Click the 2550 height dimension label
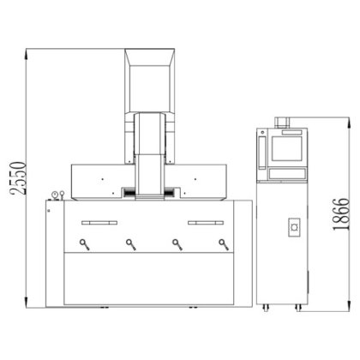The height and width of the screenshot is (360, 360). [18, 178]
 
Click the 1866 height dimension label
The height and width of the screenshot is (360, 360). [341, 214]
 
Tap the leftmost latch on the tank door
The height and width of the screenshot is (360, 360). [85, 244]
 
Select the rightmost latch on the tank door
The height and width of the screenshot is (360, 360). [224, 244]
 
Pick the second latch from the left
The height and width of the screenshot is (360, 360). [131, 244]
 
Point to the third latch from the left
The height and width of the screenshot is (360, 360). [177, 244]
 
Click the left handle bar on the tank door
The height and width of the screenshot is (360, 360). [99, 223]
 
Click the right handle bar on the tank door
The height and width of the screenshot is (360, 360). [206, 223]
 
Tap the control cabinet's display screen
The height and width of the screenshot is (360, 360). [286, 148]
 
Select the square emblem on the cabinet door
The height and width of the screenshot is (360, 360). [294, 227]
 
